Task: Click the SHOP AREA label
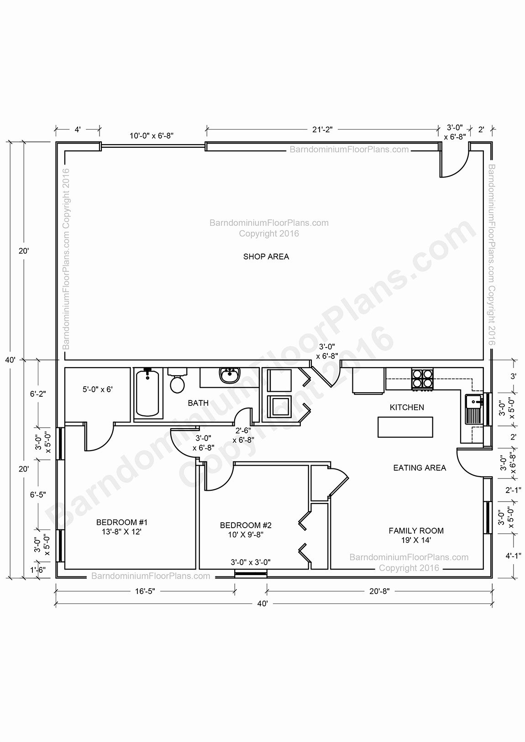(266, 256)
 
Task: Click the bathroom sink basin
(229, 376)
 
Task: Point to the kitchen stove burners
(422, 379)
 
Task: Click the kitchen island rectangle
(405, 427)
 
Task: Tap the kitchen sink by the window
(473, 409)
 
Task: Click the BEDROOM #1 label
(122, 522)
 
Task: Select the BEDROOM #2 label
(246, 525)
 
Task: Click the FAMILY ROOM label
(416, 531)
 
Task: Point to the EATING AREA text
(420, 468)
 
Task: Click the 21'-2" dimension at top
(322, 130)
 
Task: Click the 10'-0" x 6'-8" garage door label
(151, 135)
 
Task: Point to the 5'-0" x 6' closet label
(98, 389)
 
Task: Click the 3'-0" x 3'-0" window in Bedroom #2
(251, 573)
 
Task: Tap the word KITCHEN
(407, 407)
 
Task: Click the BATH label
(198, 403)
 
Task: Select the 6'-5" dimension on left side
(38, 494)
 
